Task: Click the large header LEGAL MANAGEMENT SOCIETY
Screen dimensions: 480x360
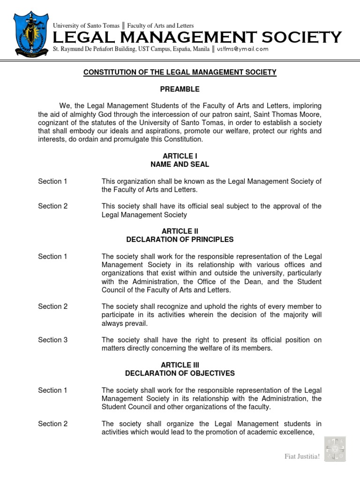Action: pyautogui.click(x=197, y=37)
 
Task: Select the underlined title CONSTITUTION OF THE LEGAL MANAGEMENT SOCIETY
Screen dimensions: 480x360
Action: pyautogui.click(x=180, y=72)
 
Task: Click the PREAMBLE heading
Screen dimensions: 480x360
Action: pyautogui.click(x=180, y=89)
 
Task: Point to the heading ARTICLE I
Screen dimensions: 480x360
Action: pyautogui.click(x=180, y=156)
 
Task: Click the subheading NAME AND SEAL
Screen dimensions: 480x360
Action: pyautogui.click(x=180, y=165)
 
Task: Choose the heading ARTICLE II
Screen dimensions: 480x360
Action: pyautogui.click(x=180, y=231)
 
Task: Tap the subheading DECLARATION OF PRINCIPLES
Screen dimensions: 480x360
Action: pyautogui.click(x=180, y=240)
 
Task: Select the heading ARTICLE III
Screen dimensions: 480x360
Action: pyautogui.click(x=180, y=365)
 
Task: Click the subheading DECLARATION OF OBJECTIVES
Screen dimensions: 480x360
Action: pyautogui.click(x=180, y=373)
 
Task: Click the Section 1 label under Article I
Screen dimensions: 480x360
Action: pyautogui.click(x=53, y=181)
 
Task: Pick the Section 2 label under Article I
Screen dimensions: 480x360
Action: pyautogui.click(x=53, y=206)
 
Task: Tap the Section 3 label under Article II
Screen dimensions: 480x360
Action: pyautogui.click(x=53, y=340)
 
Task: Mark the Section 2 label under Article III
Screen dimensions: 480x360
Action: pyautogui.click(x=53, y=424)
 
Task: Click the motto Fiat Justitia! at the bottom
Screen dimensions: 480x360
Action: pyautogui.click(x=302, y=457)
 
